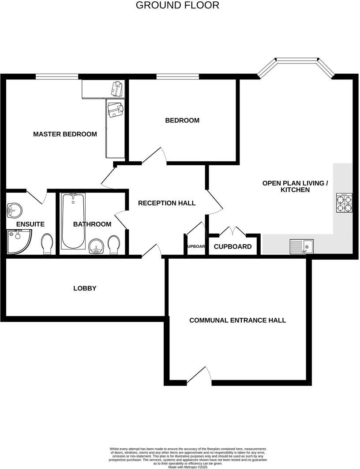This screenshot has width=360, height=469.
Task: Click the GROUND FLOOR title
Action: (x=177, y=5)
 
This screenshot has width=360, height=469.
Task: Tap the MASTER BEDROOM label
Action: (x=65, y=134)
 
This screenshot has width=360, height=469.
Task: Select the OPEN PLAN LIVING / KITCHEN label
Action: (x=295, y=186)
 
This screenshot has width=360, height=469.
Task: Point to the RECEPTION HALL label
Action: (x=167, y=203)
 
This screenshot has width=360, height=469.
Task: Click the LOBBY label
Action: (x=85, y=288)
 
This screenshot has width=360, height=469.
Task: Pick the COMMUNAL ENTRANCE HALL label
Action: (x=237, y=320)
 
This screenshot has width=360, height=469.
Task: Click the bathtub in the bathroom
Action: (x=73, y=221)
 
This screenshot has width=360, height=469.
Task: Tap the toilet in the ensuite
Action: (x=47, y=244)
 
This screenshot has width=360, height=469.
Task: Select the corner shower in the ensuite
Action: (x=18, y=242)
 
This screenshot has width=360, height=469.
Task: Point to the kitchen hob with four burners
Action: (x=345, y=203)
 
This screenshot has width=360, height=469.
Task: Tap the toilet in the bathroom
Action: (x=114, y=244)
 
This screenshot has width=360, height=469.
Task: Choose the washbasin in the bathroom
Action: (x=96, y=246)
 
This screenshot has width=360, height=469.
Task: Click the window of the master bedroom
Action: (x=57, y=77)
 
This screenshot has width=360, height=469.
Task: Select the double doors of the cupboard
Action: (x=232, y=231)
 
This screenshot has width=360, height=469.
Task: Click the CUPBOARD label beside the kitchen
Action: (x=232, y=247)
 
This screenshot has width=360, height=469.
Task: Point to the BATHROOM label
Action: (x=92, y=224)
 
